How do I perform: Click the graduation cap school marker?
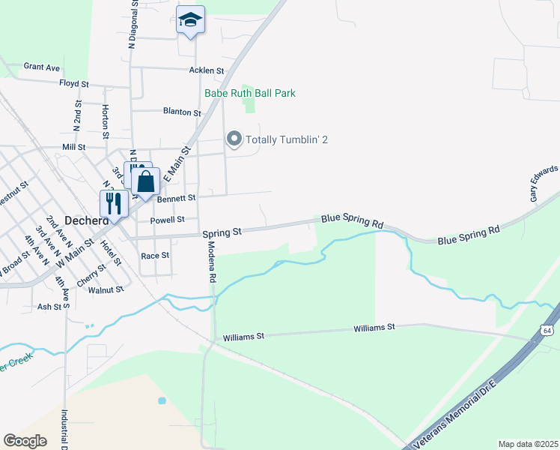[x=190, y=20]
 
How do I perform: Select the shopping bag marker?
[x=146, y=181]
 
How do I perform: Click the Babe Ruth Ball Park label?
[x=250, y=94]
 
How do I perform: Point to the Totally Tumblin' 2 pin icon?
[x=234, y=139]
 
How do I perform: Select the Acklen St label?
[x=207, y=70]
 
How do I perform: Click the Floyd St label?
[x=74, y=83]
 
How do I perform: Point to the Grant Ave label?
[x=41, y=67]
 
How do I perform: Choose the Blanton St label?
[x=183, y=112]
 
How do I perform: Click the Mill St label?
[x=74, y=148]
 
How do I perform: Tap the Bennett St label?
[x=176, y=198]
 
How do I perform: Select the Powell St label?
[x=167, y=220]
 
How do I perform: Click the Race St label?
[x=155, y=256]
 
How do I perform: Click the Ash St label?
[x=49, y=307]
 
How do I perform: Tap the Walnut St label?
[x=106, y=289]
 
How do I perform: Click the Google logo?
[x=25, y=441]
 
